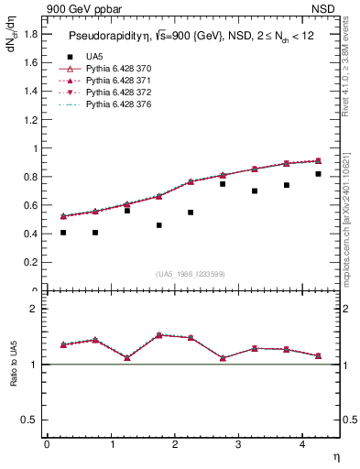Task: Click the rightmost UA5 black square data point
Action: coord(319,174)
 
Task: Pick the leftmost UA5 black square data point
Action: coord(63,233)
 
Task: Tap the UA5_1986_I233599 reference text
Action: coord(191,274)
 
